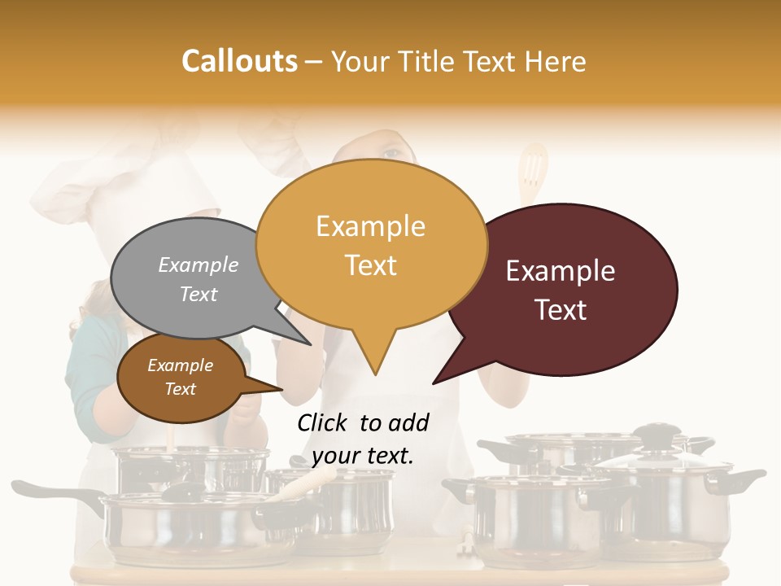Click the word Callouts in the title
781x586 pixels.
[239, 61]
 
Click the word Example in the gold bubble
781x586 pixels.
[370, 226]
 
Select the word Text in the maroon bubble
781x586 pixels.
[561, 310]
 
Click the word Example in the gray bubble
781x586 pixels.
[198, 265]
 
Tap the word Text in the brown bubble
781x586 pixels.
[181, 389]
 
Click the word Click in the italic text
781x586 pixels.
[323, 422]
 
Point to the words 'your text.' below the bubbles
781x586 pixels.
[362, 456]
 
